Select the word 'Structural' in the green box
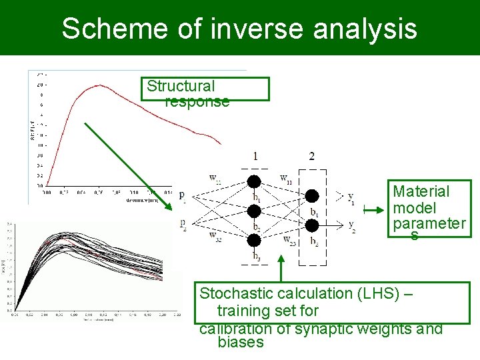181,86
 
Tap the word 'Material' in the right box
421,191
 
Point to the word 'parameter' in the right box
429,223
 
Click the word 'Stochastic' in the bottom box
238,293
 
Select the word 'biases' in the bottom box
240,343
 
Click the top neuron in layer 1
254,182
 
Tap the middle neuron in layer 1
254,211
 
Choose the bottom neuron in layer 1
254,240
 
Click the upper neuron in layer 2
311,196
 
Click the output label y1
351,199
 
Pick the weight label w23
290,239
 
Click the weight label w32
215,235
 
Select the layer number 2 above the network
311,157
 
